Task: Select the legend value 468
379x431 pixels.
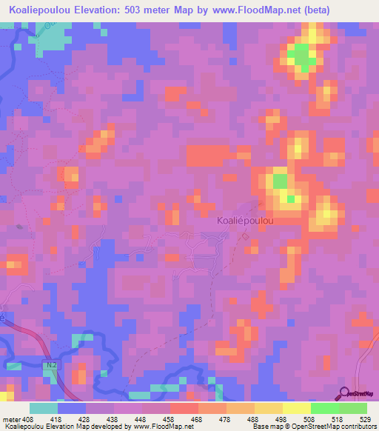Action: coord(198,419)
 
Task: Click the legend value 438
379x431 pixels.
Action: coord(114,419)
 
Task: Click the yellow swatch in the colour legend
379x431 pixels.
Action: coord(297,408)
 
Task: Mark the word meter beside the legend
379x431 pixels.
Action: coord(12,419)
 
